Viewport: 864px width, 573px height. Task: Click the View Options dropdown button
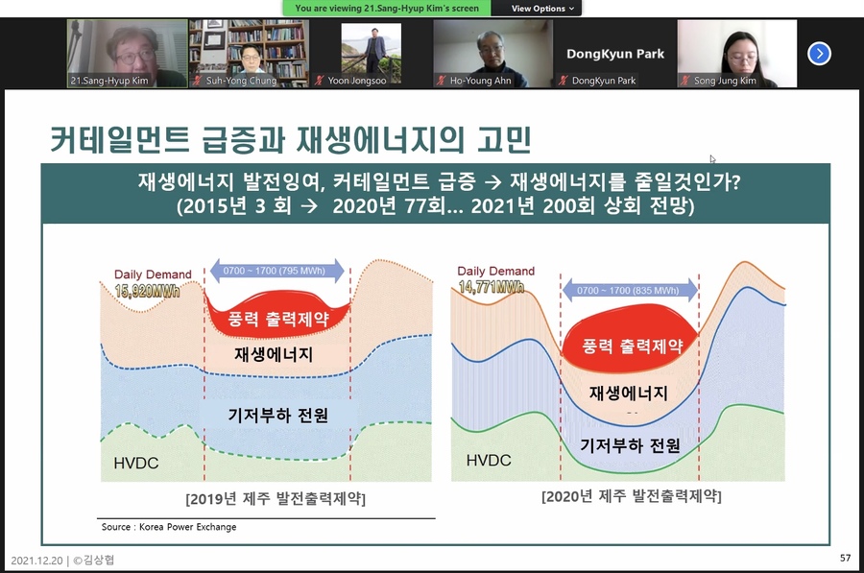tap(542, 9)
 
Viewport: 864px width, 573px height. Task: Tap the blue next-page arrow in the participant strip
tap(819, 54)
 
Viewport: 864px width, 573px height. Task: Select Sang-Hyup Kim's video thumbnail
tap(128, 54)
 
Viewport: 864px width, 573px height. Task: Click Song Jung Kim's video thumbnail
tap(736, 54)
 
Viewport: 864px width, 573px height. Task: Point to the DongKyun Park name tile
tap(615, 54)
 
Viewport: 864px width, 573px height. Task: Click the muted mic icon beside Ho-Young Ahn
tap(441, 81)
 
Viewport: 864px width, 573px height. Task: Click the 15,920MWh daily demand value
tap(147, 291)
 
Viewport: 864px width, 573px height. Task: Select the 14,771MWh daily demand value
tap(492, 286)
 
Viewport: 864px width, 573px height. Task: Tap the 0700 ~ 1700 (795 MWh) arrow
tap(277, 271)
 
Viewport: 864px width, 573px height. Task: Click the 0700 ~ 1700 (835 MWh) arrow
tap(630, 291)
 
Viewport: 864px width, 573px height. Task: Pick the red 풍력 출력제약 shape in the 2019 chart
tap(277, 315)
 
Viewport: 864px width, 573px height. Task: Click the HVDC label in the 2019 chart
tap(136, 463)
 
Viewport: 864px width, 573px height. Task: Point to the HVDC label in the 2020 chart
tap(489, 460)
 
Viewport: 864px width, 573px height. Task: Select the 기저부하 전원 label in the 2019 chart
tap(278, 415)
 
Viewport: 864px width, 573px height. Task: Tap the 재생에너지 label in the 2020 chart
tap(628, 393)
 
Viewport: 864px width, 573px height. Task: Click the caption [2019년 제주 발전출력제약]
tap(276, 499)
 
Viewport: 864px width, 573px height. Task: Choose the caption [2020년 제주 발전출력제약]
tap(632, 496)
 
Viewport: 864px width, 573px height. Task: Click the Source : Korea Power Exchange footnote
tap(169, 527)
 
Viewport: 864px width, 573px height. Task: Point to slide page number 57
tap(845, 559)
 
